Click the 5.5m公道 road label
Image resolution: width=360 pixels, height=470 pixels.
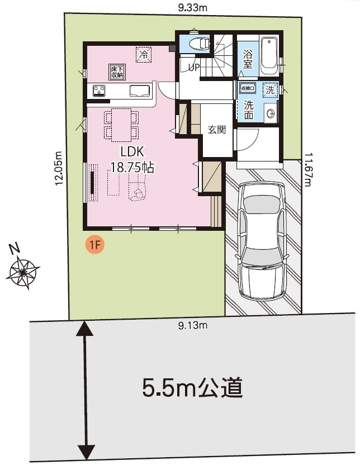(x=192, y=387)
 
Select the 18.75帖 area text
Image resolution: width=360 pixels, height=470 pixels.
(x=132, y=167)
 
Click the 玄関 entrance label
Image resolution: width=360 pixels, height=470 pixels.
(x=216, y=130)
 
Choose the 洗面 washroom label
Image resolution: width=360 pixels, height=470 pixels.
(x=248, y=110)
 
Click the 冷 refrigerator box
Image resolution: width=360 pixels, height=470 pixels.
(x=144, y=54)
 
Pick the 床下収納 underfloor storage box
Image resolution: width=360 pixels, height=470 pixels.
(x=116, y=71)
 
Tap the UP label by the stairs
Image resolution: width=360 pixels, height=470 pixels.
(x=194, y=67)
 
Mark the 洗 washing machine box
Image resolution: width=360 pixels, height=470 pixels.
(x=270, y=89)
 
